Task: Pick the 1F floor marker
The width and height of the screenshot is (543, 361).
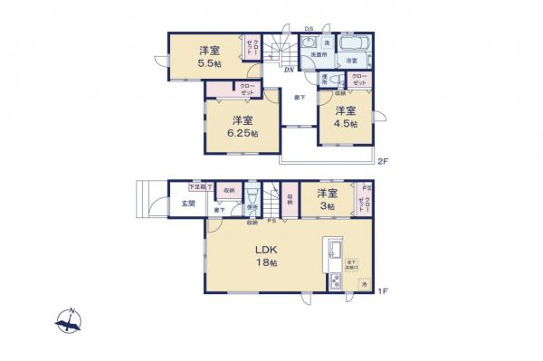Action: tap(382, 290)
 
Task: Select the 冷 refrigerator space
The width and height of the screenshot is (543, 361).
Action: tap(364, 285)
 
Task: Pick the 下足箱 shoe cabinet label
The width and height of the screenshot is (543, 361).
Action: tap(196, 186)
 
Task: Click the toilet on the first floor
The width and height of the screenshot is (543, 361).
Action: tap(254, 201)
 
